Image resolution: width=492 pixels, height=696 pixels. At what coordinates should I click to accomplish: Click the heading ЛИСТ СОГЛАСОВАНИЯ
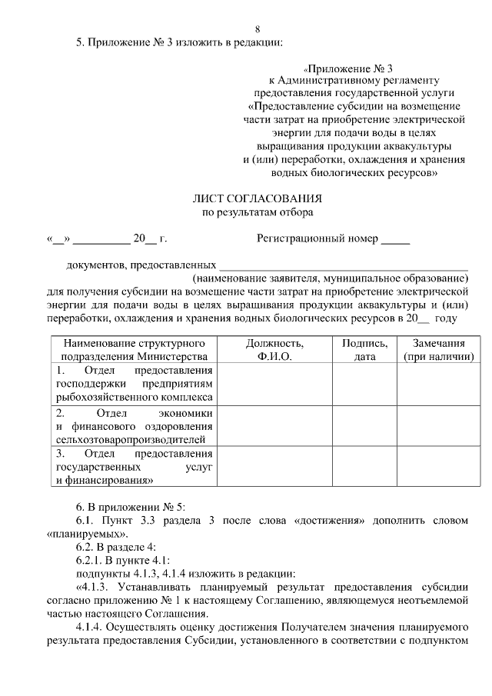(x=258, y=198)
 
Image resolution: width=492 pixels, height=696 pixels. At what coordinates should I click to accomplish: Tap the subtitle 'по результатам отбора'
(x=258, y=211)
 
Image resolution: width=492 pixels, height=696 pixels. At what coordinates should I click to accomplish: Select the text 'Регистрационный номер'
(x=317, y=239)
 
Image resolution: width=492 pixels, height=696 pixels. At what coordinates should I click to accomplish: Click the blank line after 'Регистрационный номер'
(x=395, y=240)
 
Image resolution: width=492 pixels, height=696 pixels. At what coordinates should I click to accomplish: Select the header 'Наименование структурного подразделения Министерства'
(x=134, y=350)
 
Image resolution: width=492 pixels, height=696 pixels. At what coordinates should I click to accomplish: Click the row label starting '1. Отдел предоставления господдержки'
(x=134, y=385)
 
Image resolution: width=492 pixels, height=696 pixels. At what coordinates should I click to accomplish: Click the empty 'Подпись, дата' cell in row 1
(x=364, y=385)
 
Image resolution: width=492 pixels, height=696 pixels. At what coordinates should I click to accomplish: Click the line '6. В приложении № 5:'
(x=125, y=508)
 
